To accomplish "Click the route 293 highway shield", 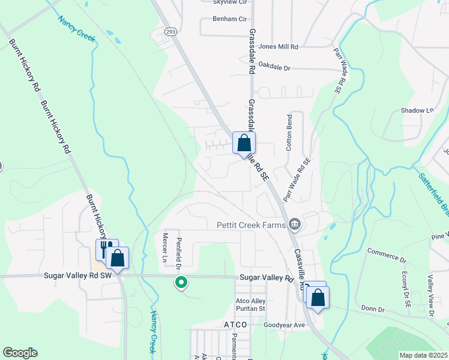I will tap(170, 32).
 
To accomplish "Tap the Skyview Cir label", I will tap(231, 2).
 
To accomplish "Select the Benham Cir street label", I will tap(230, 19).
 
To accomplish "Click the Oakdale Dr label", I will tap(270, 68).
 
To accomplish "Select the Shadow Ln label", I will tap(417, 110).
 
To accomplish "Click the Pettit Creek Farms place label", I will tap(250, 226).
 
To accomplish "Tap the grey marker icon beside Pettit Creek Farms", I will tap(294, 225).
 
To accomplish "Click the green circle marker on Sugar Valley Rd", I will tap(179, 281).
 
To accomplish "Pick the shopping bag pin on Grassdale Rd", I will tap(244, 143).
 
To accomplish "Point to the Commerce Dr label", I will tap(387, 255).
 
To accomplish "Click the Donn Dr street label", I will tap(372, 309).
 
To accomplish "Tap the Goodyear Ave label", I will tap(285, 325).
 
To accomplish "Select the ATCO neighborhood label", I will tap(235, 325).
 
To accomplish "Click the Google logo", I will tap(20, 353).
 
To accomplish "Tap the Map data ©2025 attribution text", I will tap(423, 355).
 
